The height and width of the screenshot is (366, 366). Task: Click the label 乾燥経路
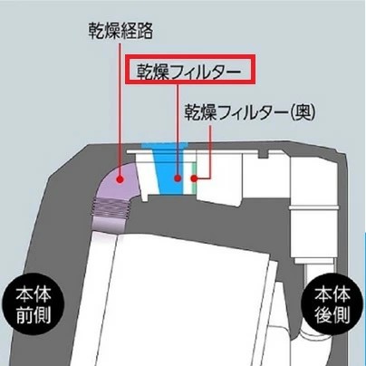[120, 31]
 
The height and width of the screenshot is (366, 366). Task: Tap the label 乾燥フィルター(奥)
[250, 112]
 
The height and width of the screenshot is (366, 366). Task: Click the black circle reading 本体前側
[34, 305]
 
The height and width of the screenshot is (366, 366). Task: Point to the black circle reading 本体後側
[332, 305]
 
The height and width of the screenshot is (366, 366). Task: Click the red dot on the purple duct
[120, 179]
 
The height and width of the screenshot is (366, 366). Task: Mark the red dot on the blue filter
[178, 178]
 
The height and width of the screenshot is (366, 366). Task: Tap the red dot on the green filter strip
[194, 178]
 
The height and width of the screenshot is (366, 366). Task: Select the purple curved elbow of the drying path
[120, 181]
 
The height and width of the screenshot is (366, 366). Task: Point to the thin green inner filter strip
[193, 178]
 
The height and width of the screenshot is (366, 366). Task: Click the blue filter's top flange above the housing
[165, 146]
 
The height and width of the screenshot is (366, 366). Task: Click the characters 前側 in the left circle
[34, 315]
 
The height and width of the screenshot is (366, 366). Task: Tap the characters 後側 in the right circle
[332, 315]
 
